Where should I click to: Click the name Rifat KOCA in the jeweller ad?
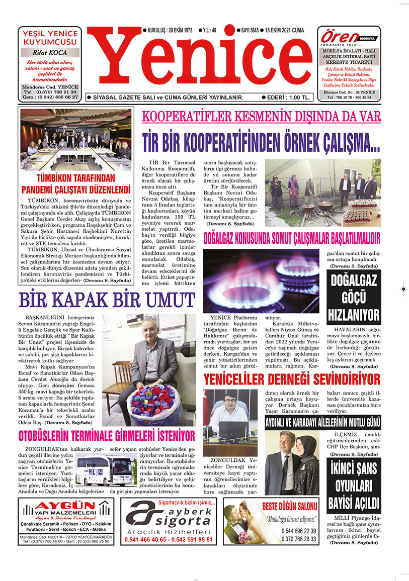[49, 52]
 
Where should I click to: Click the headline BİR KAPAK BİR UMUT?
[107, 300]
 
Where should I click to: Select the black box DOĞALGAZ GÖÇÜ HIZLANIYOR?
[354, 297]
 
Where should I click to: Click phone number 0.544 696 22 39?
[299, 531]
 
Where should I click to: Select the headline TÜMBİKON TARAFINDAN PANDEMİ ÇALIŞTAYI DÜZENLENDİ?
[75, 184]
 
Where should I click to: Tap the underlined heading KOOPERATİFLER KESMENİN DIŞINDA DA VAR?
[261, 117]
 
